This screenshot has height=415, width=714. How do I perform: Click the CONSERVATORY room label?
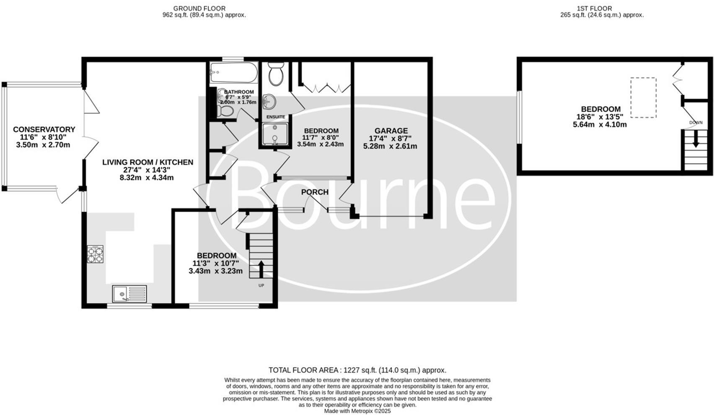pyautogui.click(x=44, y=130)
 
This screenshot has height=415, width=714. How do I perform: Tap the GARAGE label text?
pyautogui.click(x=391, y=131)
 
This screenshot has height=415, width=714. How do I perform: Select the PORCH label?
pyautogui.click(x=315, y=192)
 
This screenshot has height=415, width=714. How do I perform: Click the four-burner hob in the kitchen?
pyautogui.click(x=95, y=254)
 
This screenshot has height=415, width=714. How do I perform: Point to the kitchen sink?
pyautogui.click(x=129, y=294)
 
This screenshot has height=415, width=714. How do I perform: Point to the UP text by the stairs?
pyautogui.click(x=261, y=286)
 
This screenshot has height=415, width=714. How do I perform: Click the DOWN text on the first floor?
pyautogui.click(x=696, y=123)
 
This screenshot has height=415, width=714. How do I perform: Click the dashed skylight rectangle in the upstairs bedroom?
pyautogui.click(x=643, y=97)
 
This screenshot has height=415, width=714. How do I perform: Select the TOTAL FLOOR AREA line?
pyautogui.click(x=357, y=370)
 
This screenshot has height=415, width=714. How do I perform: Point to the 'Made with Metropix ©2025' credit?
pyautogui.click(x=357, y=411)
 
